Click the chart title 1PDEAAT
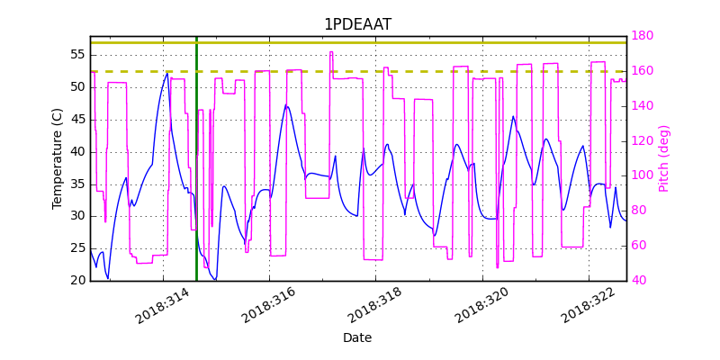[357, 24]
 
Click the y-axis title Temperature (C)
[58, 158]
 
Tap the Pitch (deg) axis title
[664, 158]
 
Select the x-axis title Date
[357, 338]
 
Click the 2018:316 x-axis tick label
[269, 306]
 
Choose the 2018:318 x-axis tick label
[375, 306]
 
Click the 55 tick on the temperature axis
[76, 55]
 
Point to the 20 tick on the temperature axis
[76, 281]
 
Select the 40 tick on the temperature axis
[76, 151]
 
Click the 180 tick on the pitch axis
[643, 36]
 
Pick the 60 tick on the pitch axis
[640, 246]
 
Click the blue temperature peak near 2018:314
[166, 75]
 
